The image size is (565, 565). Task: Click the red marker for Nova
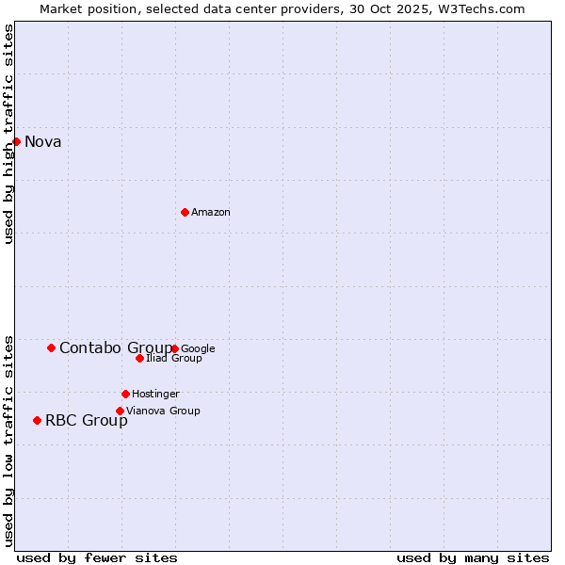point(16,141)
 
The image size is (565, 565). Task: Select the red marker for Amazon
point(185,212)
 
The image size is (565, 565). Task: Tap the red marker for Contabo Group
point(51,347)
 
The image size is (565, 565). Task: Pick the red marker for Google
point(175,348)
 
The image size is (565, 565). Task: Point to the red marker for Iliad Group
point(139,358)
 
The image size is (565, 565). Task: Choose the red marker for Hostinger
point(125,394)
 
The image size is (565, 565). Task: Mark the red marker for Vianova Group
point(120,411)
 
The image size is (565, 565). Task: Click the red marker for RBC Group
point(37,420)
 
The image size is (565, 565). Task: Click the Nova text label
point(43,142)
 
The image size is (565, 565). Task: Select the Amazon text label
point(211,213)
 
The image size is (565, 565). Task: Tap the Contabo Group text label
point(116,348)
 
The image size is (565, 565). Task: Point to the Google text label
point(198,349)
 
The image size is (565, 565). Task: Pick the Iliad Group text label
point(174,359)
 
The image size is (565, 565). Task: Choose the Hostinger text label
point(155,395)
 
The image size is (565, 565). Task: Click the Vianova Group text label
point(163,412)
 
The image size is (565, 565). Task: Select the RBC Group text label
point(87,421)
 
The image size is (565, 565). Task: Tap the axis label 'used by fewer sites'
point(97,557)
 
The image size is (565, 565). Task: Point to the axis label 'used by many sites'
point(473,557)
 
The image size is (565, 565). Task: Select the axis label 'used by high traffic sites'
point(9,134)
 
